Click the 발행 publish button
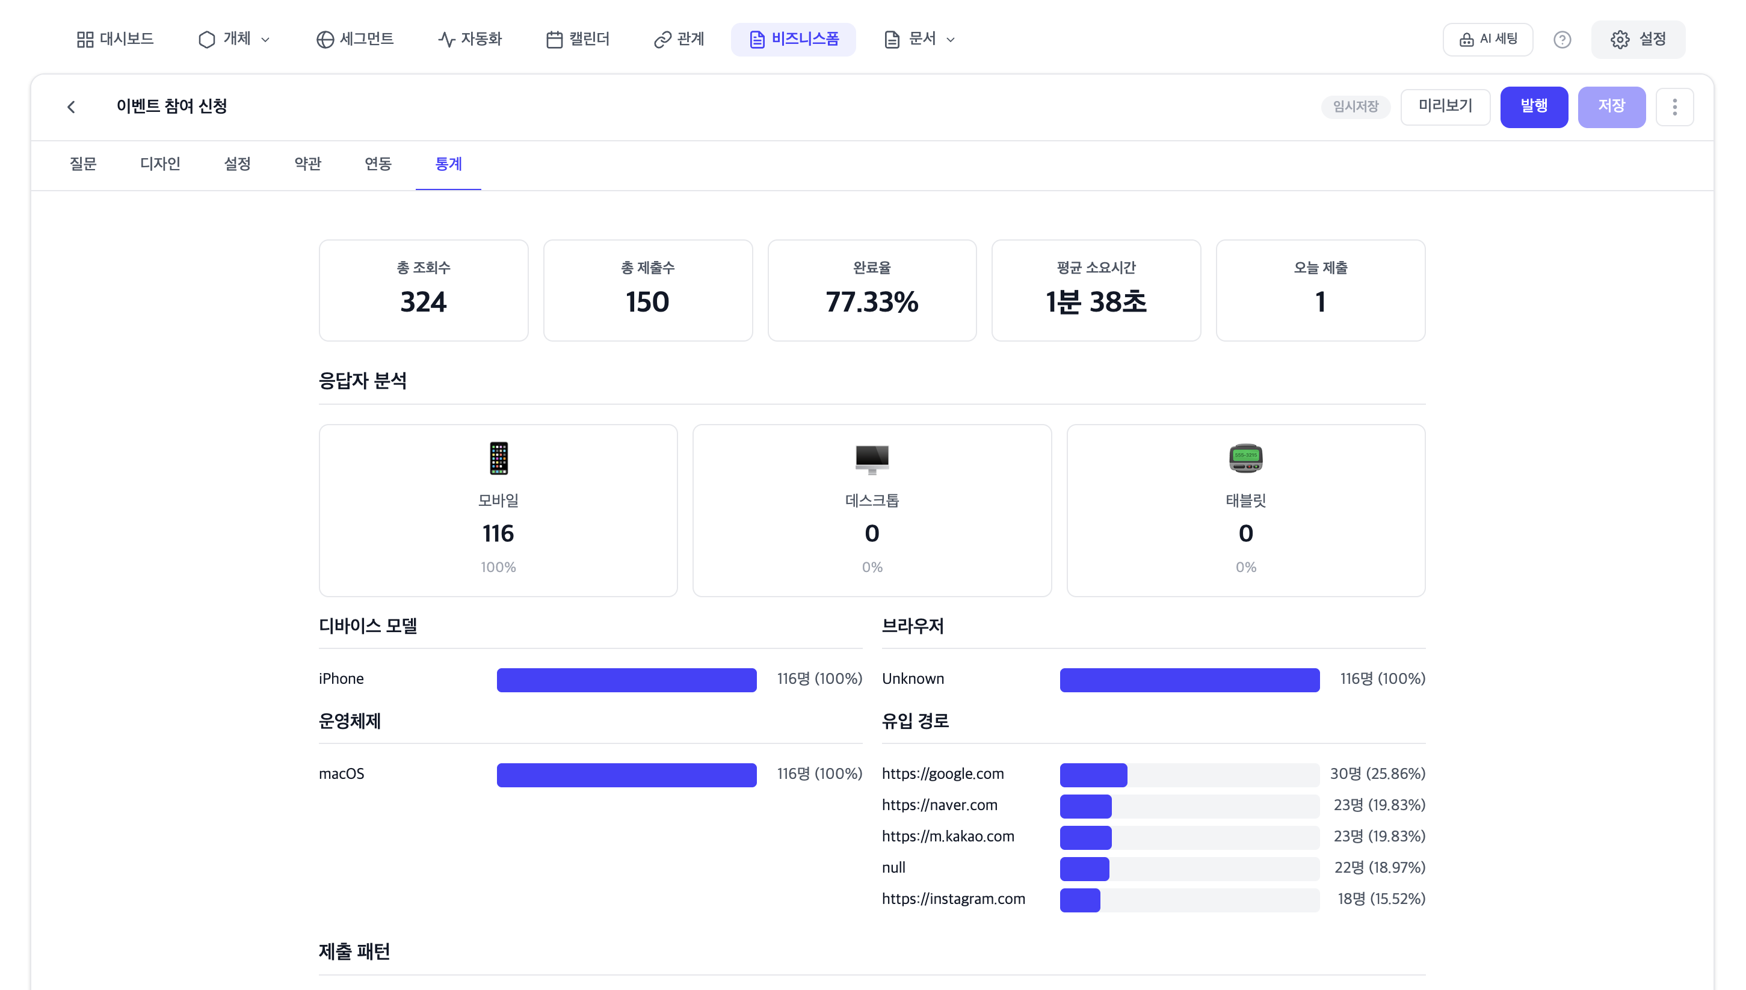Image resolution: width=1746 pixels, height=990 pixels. [x=1533, y=106]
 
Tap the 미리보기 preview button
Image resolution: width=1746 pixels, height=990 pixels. [x=1445, y=106]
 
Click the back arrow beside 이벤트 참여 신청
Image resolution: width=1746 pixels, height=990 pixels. [x=72, y=106]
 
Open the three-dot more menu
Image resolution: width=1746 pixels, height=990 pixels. [x=1674, y=106]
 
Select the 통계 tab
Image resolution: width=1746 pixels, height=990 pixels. [x=448, y=164]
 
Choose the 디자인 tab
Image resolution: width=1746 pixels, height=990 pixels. [x=160, y=164]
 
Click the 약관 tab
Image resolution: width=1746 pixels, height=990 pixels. [x=307, y=164]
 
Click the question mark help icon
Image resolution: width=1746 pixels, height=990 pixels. [x=1562, y=40]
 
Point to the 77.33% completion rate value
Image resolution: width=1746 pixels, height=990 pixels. [x=871, y=302]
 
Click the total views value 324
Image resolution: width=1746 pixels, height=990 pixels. [x=423, y=302]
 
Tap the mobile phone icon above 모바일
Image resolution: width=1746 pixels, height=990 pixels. [x=499, y=458]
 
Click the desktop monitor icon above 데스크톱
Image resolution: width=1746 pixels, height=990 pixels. [x=871, y=459]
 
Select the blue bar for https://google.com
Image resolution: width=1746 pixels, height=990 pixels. [x=1093, y=775]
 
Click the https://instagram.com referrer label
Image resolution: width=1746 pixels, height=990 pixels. [x=953, y=899]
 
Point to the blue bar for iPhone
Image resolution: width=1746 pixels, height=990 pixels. [x=626, y=680]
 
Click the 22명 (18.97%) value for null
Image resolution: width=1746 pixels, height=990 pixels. [x=1380, y=868]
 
